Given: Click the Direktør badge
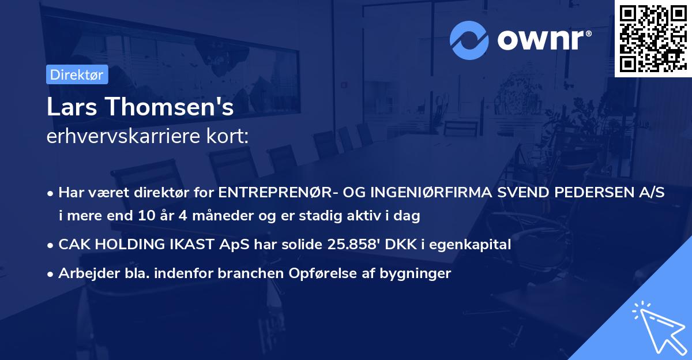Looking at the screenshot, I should [76, 74].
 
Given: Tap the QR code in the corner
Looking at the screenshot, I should [653, 38].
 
